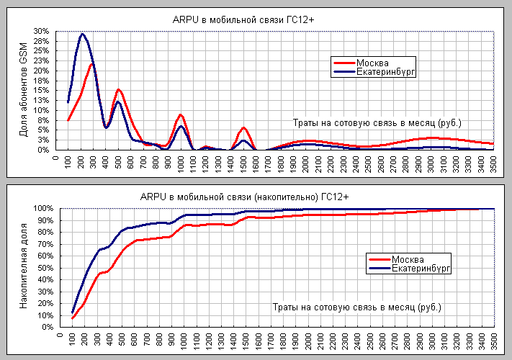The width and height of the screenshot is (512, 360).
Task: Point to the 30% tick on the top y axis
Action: click(40, 32)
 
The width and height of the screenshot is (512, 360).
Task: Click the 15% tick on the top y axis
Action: click(40, 91)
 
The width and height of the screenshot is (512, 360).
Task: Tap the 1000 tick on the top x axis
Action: click(181, 163)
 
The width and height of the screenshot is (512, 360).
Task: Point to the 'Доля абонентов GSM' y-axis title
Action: click(23, 91)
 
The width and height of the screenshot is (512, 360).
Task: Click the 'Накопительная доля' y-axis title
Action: click(24, 267)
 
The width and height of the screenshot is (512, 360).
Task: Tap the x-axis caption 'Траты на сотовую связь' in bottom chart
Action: click(357, 307)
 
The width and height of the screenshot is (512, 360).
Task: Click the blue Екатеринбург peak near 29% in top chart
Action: click(83, 35)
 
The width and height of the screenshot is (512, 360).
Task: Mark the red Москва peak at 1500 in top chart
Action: click(243, 128)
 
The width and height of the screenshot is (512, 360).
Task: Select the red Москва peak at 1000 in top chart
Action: click(181, 115)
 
